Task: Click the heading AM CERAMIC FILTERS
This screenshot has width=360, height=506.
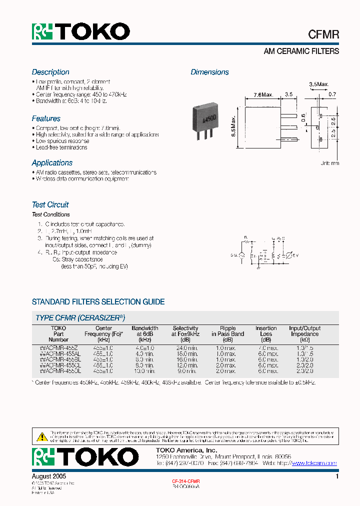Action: pos(301,51)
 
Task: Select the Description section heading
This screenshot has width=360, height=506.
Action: pos(50,72)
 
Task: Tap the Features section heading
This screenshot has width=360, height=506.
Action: pos(46,118)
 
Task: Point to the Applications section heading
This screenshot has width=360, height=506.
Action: pos(52,163)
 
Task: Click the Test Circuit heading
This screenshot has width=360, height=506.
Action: pos(50,204)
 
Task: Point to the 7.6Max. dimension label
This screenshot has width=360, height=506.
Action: pos(263,94)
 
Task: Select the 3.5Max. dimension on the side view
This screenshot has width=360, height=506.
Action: pos(318,84)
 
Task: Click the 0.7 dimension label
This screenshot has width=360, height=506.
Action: pos(332,94)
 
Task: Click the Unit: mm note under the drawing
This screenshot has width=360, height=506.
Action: pos(329,163)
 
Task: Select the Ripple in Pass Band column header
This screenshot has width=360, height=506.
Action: pos(227,331)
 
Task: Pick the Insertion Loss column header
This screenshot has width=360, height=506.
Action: pos(266,331)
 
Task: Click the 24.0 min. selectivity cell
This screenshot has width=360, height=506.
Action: pos(185,347)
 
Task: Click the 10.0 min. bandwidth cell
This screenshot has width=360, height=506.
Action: pos(145,371)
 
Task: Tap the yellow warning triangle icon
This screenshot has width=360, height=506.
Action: pos(42,436)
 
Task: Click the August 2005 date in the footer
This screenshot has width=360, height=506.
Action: pos(49,477)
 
